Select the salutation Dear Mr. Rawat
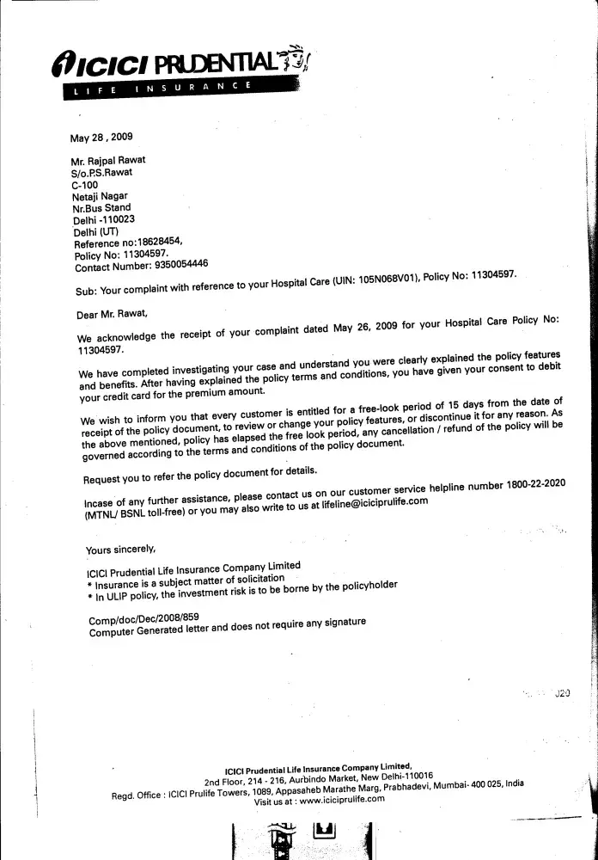pos(112,315)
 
